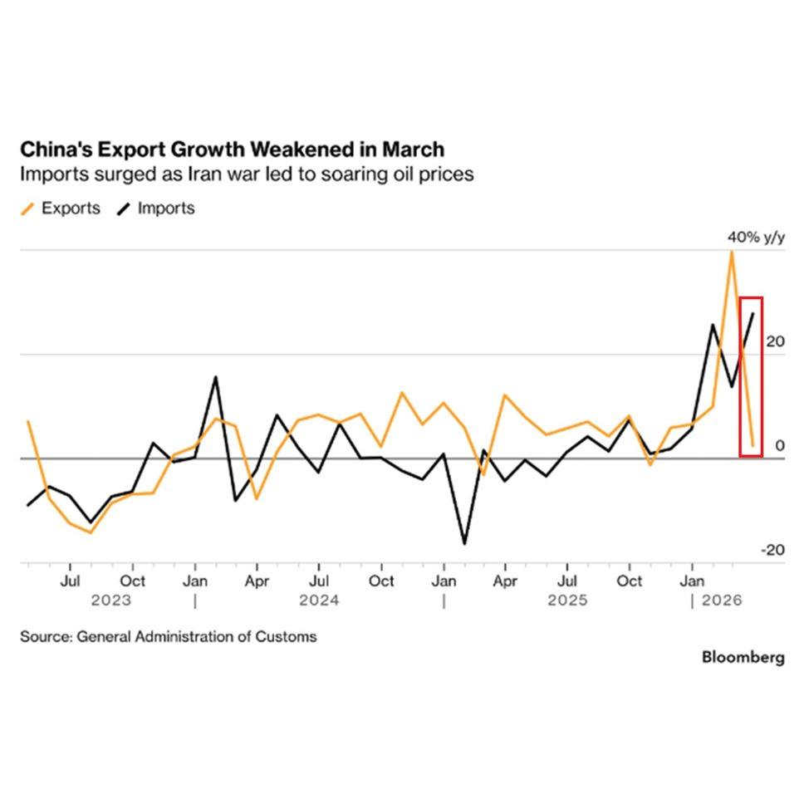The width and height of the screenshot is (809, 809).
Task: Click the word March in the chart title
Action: tap(413, 150)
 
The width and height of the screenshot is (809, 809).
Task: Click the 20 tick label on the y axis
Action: tap(774, 342)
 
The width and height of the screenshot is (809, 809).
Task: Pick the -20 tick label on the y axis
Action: tap(772, 550)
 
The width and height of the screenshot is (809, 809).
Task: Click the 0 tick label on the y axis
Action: tap(779, 446)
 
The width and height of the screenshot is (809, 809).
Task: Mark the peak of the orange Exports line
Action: tap(731, 251)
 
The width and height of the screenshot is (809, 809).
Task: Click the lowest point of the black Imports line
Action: tap(464, 544)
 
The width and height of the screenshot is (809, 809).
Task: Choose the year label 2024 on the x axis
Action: tap(319, 600)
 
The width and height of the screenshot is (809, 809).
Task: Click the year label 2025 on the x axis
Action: tap(567, 600)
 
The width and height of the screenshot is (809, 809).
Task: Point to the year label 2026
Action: tap(721, 600)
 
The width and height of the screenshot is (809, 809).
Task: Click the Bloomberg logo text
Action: tap(743, 657)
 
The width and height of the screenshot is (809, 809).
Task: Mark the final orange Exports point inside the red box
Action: tap(753, 445)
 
